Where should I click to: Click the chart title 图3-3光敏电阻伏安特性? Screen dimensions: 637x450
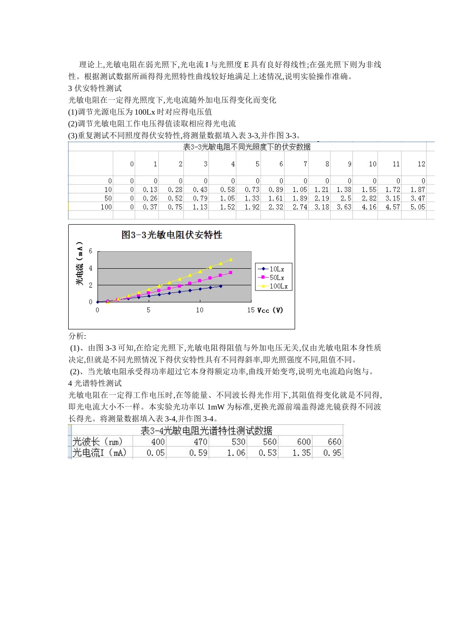point(172,235)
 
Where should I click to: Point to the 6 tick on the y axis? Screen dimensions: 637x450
point(91,252)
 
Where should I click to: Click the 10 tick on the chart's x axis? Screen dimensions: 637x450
point(200,310)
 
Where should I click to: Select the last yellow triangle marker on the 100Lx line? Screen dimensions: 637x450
point(231,260)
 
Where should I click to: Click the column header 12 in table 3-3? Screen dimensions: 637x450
point(421,164)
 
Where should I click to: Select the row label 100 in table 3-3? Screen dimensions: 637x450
point(106,207)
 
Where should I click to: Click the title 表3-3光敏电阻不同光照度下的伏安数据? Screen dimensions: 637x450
point(247,147)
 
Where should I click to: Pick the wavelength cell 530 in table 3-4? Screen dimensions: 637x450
point(238,442)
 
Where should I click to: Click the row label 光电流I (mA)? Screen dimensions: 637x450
point(99,453)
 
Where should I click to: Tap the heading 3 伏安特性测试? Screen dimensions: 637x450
point(95,88)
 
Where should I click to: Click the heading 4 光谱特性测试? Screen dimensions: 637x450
point(95,383)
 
